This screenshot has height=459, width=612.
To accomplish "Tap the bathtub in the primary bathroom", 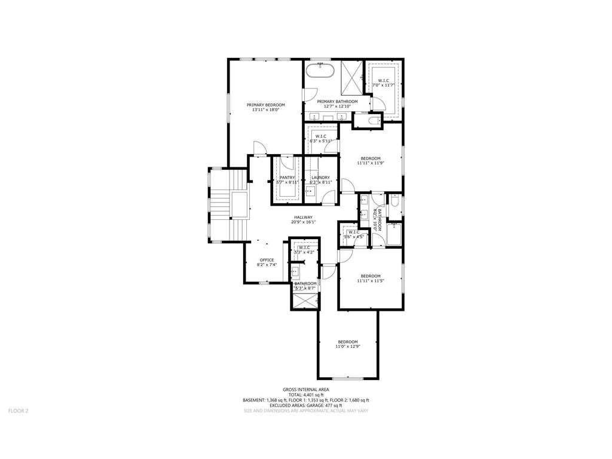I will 321,72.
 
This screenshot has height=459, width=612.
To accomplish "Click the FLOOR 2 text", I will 18,411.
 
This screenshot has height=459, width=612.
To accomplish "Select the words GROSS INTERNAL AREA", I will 306,389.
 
